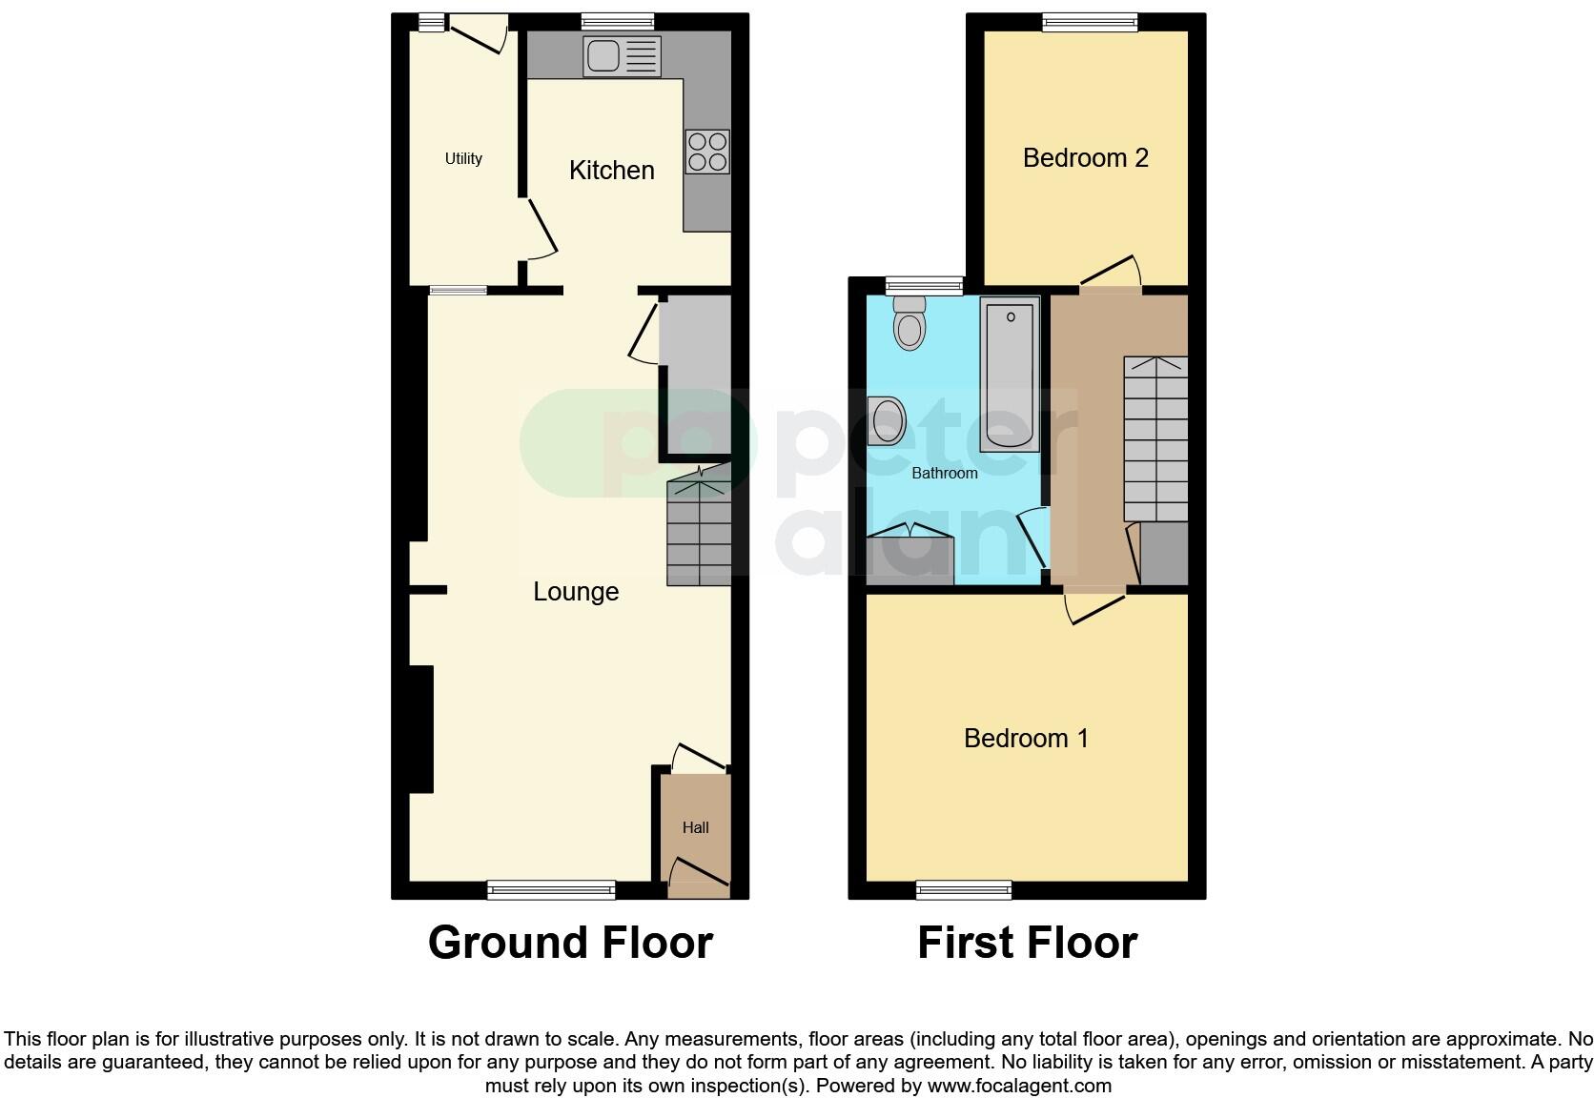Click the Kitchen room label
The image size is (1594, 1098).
click(611, 171)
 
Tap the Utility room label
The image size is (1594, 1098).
click(463, 159)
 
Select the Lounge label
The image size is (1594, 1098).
click(576, 592)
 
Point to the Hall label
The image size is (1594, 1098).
click(695, 828)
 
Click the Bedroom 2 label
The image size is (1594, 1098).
click(1085, 158)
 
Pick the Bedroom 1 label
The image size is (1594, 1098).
click(1026, 739)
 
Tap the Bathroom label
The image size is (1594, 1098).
click(944, 474)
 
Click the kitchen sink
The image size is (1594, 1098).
click(621, 56)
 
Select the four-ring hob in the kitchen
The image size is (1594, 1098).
click(707, 152)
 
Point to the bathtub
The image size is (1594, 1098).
click(1010, 376)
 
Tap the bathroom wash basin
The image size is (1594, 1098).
click(888, 420)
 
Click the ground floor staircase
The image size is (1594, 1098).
click(700, 533)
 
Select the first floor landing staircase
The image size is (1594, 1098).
click(1155, 438)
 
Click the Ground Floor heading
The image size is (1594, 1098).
click(570, 943)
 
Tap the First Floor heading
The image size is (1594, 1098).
click(1027, 943)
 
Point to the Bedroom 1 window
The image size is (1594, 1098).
click(964, 890)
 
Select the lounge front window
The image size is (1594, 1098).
click(551, 890)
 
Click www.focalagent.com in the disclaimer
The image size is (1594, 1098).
click(1019, 1086)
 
